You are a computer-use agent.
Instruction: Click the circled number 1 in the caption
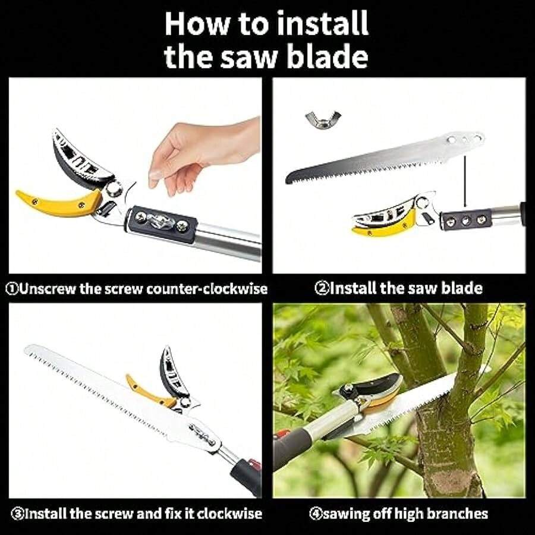[x=11, y=289]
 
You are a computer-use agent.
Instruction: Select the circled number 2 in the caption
[x=321, y=289]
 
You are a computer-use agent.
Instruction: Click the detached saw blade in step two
[x=380, y=158]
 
